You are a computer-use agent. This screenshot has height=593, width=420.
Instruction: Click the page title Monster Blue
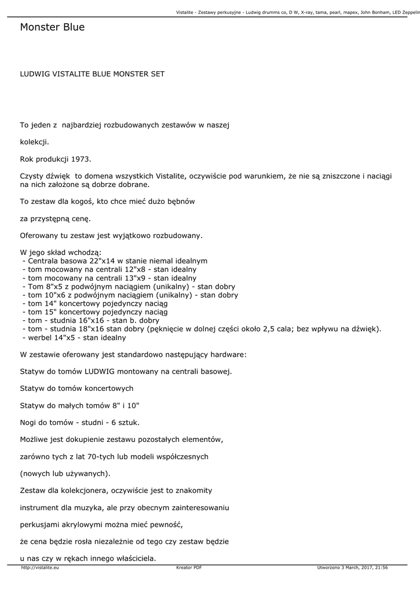coord(52,27)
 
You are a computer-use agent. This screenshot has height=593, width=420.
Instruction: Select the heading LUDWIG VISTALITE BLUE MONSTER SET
coord(92,74)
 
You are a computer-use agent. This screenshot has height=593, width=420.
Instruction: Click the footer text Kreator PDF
coord(189,568)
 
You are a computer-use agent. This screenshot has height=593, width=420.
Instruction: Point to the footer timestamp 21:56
coord(382,568)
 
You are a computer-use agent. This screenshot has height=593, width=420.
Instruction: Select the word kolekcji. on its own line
coord(35,141)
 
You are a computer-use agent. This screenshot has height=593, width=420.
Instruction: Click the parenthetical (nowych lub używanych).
coord(65,473)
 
